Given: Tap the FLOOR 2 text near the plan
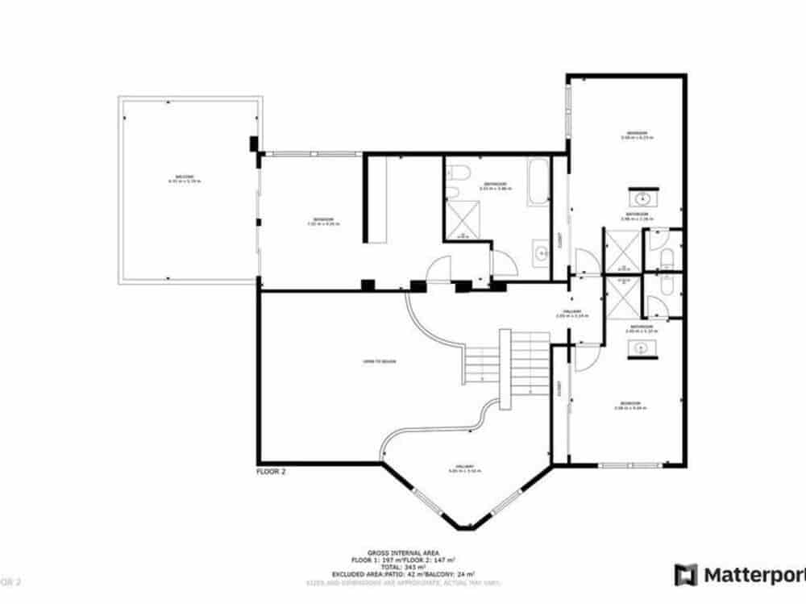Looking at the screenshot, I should [x=271, y=473].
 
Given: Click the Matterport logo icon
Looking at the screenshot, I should [x=686, y=575].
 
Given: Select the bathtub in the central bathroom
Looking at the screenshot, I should [x=537, y=181].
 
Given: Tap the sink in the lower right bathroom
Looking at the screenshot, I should [x=642, y=348].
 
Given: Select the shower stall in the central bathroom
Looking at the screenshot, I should [x=463, y=219].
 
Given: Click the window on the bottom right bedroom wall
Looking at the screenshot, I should [x=631, y=465].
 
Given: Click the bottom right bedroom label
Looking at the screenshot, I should [x=630, y=405].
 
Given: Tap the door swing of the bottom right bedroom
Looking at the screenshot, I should [x=585, y=357].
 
